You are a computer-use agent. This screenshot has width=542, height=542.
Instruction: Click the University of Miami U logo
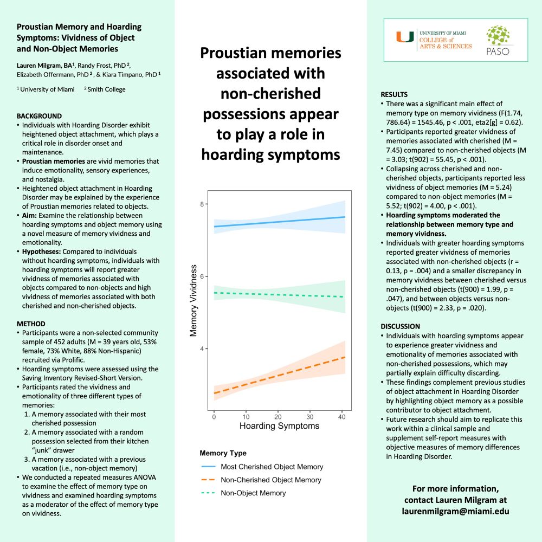pos(404,37)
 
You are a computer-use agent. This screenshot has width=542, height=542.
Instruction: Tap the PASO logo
pos(498,41)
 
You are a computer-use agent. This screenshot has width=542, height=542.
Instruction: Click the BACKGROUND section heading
pos(39,116)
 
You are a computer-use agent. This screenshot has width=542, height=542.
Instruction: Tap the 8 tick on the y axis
pos(202,204)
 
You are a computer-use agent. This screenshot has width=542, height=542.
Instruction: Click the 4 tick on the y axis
pos(202,349)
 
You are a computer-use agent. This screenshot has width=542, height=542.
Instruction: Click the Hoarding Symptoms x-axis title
pos(279,426)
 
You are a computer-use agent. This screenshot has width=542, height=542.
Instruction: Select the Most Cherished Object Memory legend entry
pos(272,467)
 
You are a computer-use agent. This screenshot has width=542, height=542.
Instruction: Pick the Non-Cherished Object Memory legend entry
pos(270,480)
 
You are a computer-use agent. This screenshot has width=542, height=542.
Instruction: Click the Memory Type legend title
pos(223,453)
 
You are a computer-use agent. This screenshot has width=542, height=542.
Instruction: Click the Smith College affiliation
pos(107,89)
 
